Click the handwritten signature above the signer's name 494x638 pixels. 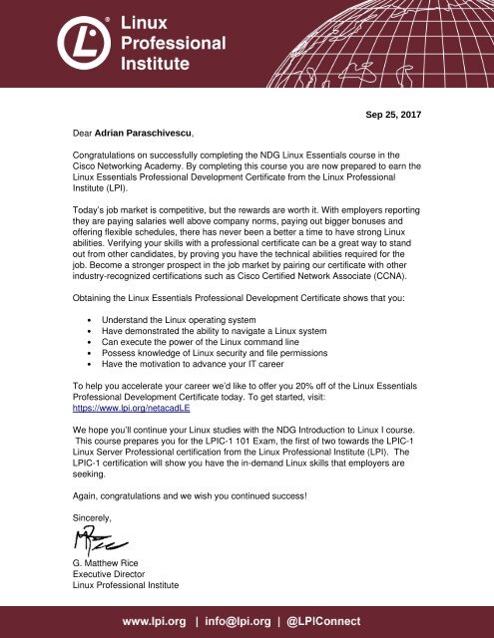point(98,544)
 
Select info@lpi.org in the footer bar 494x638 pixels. point(246,618)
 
